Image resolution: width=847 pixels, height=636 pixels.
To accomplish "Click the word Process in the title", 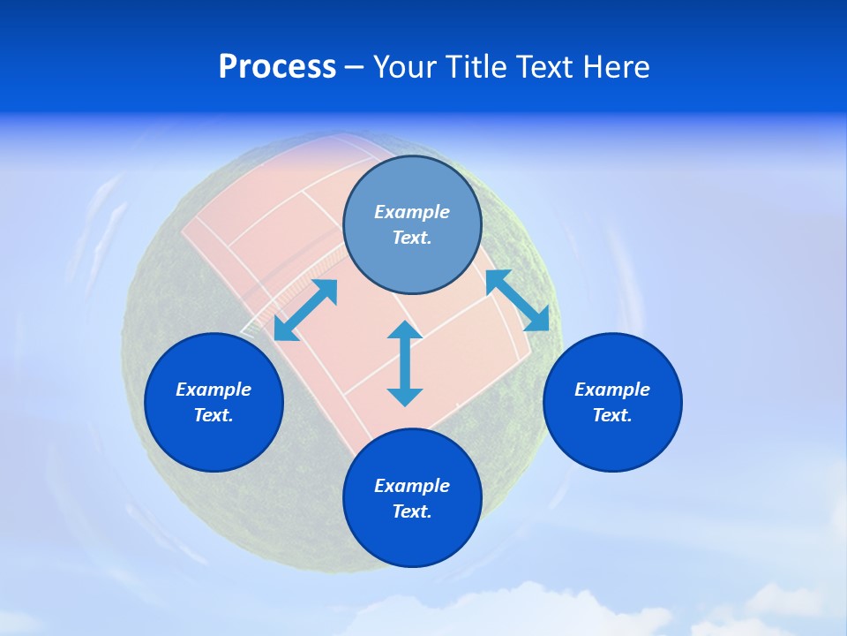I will tap(277, 67).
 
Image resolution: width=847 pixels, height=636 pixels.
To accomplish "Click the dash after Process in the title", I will tap(355, 68).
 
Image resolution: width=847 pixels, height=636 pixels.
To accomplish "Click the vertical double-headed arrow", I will tap(405, 364).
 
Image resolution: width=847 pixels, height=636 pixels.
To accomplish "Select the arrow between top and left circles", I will tap(305, 310).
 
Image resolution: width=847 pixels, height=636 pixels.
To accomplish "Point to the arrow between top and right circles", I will tap(518, 300).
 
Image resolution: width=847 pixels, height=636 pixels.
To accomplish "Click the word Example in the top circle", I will tap(412, 212).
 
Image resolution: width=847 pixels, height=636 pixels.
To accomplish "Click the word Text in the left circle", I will tap(214, 415).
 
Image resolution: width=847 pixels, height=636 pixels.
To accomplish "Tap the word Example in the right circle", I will tap(612, 390).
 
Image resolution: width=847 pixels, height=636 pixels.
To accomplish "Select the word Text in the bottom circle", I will tap(412, 511).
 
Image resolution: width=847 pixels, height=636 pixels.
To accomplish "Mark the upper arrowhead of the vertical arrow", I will tap(405, 330).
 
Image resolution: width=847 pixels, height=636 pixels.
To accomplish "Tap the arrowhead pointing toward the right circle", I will tap(538, 321).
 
